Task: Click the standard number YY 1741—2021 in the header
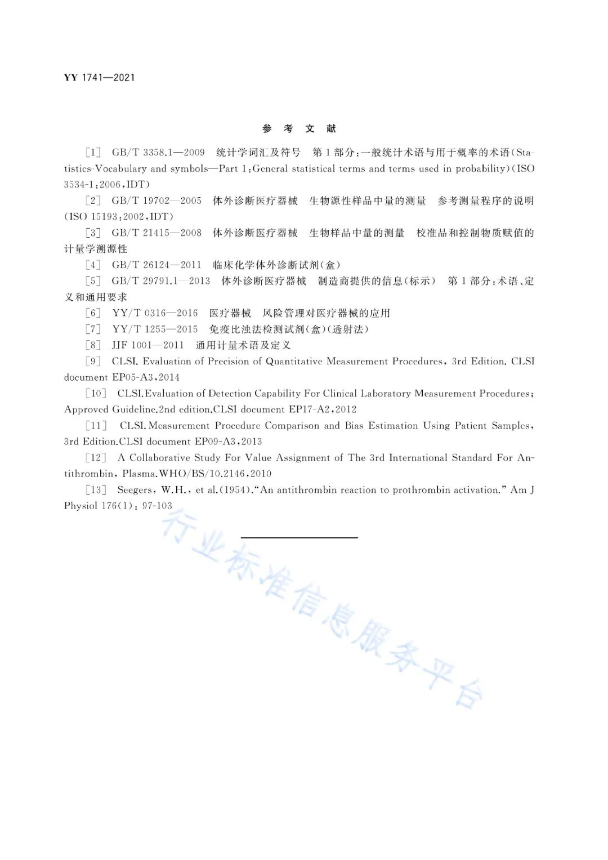coord(99,78)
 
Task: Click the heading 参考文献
coord(299,128)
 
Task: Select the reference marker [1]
coord(93,153)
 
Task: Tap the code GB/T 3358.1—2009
coord(158,153)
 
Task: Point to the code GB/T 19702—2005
coord(157,201)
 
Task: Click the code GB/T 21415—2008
coord(157,233)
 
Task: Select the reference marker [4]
coord(93,265)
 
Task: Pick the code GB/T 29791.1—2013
coord(161,281)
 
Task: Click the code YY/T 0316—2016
coord(155,313)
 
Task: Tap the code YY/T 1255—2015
coord(155,329)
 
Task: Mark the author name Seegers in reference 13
coord(135,490)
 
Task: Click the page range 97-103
coord(157,506)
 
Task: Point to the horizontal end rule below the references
coord(299,538)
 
